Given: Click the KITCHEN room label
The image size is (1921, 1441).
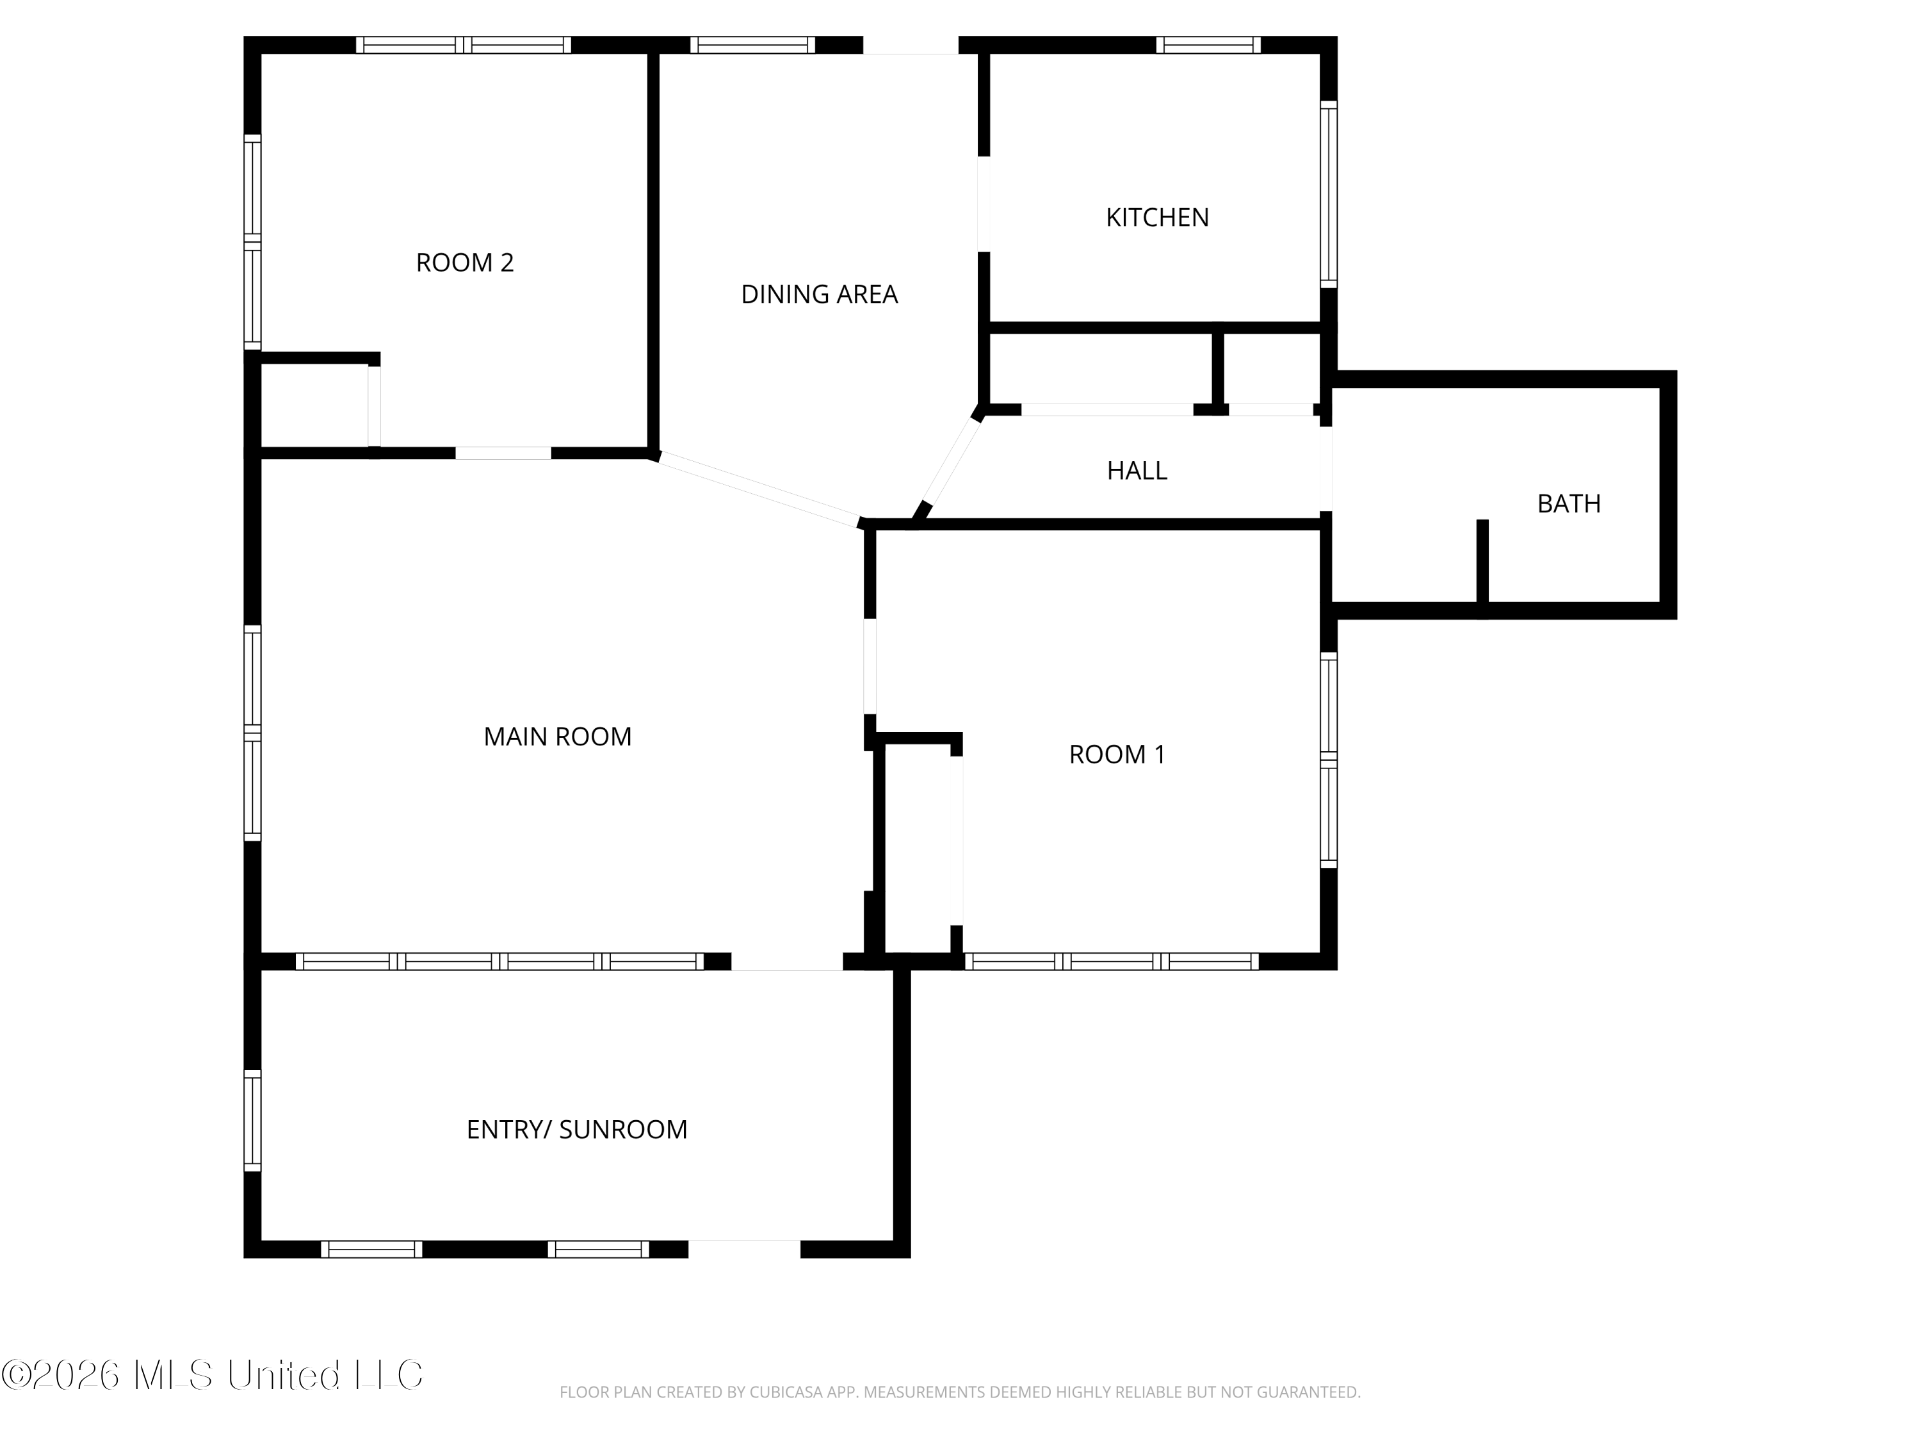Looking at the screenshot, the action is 1157,217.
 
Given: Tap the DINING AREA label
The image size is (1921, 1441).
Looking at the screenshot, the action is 819,295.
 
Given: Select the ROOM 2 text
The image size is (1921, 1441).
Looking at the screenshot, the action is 465,263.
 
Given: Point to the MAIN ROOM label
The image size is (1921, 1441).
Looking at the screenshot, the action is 558,737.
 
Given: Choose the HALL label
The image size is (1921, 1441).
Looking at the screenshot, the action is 1137,471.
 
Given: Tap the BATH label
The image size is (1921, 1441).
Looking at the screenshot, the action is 1568,504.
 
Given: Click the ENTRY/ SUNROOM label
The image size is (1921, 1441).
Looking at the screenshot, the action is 577,1129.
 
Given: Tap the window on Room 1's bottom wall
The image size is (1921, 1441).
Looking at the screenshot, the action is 1111,961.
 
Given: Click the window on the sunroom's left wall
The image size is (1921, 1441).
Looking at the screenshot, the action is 252,1121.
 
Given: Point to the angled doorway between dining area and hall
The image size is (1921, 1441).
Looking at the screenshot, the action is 951,462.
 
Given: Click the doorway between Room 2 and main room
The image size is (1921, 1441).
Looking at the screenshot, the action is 504,453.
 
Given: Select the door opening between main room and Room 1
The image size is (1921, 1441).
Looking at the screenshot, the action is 870,666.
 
